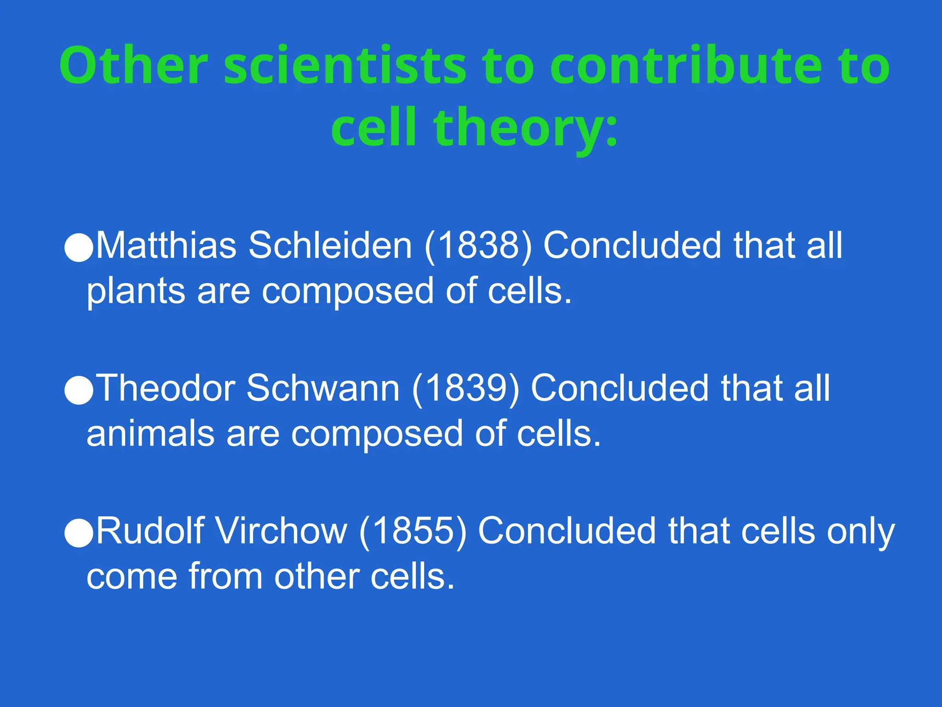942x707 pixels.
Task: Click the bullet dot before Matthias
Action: [x=79, y=248]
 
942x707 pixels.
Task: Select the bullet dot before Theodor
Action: [x=79, y=390]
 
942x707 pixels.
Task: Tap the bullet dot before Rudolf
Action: [x=79, y=533]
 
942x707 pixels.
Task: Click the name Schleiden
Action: [x=330, y=245]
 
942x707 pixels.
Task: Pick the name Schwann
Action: [x=323, y=388]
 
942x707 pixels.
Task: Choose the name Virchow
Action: [x=281, y=530]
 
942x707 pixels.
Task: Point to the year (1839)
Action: [x=465, y=388]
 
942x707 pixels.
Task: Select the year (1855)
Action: [x=413, y=530]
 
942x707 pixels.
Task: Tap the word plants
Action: [x=136, y=292]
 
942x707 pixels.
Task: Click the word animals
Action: [x=150, y=434]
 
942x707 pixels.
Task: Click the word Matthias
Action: [x=167, y=245]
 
